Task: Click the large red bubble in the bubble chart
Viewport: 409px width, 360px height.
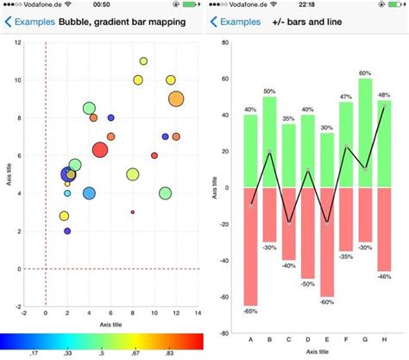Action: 100,150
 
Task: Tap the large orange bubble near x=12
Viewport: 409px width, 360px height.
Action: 176,99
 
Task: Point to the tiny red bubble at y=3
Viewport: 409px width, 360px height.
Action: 133,212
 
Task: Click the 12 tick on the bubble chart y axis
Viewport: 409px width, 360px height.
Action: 18,42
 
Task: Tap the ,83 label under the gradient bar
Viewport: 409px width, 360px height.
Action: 170,353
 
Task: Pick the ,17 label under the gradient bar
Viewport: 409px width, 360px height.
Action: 34,353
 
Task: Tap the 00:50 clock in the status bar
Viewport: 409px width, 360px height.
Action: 101,5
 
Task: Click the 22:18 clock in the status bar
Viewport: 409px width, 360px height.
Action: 306,5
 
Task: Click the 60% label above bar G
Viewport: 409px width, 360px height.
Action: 365,73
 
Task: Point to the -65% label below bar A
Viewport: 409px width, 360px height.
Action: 250,310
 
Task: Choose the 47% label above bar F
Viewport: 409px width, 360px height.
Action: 345,97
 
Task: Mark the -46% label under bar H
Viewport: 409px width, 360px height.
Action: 384,276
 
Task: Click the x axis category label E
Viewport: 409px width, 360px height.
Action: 326,339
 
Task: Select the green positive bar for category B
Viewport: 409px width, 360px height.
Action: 269,142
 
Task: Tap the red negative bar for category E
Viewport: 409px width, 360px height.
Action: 326,242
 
